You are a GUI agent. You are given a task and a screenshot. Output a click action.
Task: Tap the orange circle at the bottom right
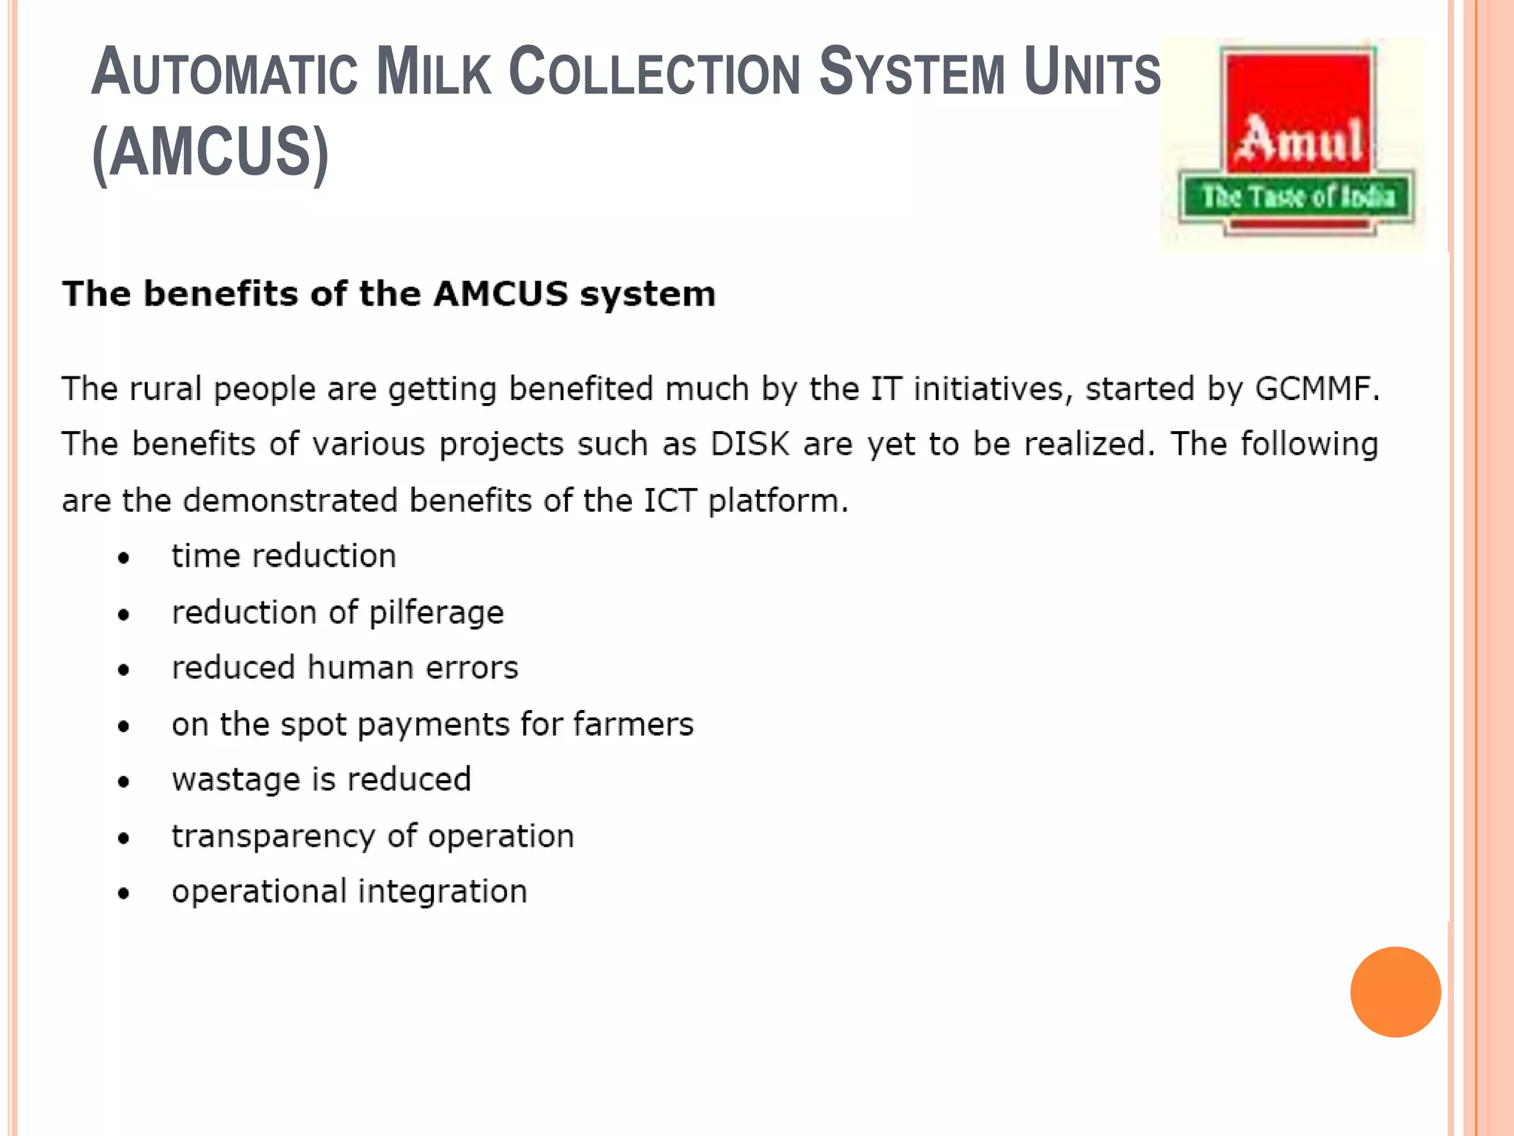click(1395, 992)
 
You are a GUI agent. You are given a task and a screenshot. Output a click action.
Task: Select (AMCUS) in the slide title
click(211, 152)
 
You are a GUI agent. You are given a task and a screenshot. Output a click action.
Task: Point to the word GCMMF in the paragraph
click(1317, 389)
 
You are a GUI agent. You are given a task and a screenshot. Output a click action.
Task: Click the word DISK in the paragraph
click(750, 444)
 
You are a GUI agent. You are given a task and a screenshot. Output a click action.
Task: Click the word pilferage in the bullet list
click(436, 613)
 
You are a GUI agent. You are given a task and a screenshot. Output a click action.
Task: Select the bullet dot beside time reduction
click(123, 558)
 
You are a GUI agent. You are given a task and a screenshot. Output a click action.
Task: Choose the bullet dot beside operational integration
click(123, 893)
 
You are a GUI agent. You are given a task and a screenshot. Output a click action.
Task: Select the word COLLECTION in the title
click(655, 73)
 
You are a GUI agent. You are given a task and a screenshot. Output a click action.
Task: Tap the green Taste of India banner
click(1297, 197)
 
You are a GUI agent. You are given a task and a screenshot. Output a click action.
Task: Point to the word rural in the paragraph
click(166, 389)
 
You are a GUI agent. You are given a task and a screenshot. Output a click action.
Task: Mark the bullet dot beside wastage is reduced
click(123, 782)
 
